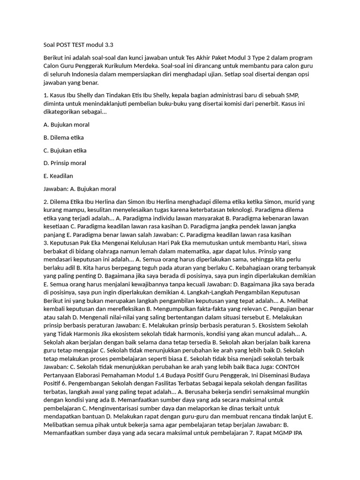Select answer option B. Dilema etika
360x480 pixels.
63,138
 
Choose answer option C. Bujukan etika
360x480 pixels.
65,150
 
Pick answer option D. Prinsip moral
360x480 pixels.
64,163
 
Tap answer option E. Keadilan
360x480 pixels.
58,176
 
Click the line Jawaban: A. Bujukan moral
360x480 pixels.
79,189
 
